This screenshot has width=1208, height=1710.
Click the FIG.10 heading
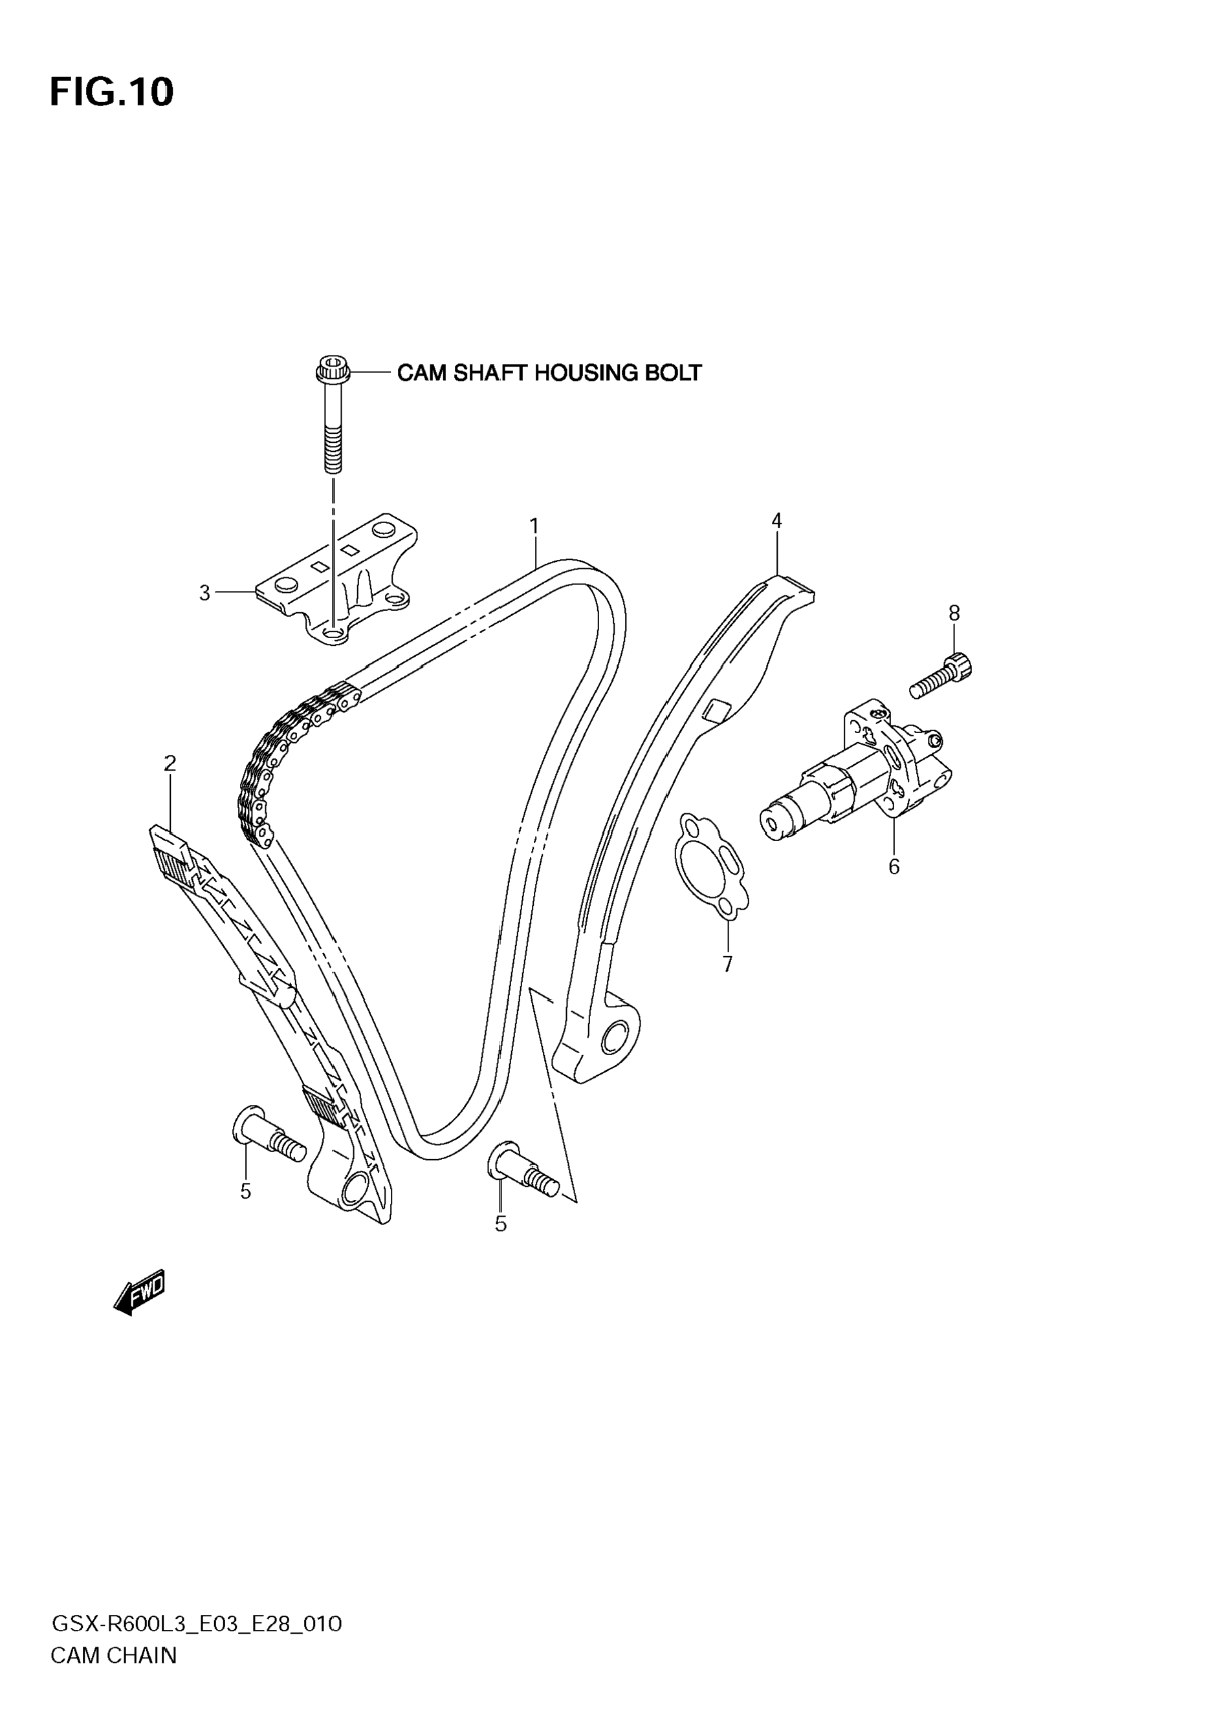pyautogui.click(x=112, y=92)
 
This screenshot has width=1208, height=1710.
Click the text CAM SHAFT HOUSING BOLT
pyautogui.click(x=549, y=372)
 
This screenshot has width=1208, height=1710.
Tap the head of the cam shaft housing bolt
pyautogui.click(x=333, y=369)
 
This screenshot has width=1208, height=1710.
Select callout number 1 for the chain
pyautogui.click(x=534, y=526)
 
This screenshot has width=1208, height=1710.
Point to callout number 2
pyautogui.click(x=170, y=763)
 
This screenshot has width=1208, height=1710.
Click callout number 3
pyautogui.click(x=205, y=593)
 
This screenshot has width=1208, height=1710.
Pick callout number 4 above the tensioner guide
pyautogui.click(x=776, y=520)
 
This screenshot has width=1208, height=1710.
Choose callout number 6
pyautogui.click(x=894, y=866)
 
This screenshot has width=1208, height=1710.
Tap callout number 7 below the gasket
pyautogui.click(x=727, y=964)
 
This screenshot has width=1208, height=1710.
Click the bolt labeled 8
pyautogui.click(x=941, y=676)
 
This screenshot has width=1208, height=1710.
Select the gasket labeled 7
pyautogui.click(x=710, y=868)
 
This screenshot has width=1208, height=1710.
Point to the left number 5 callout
pyautogui.click(x=245, y=1192)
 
